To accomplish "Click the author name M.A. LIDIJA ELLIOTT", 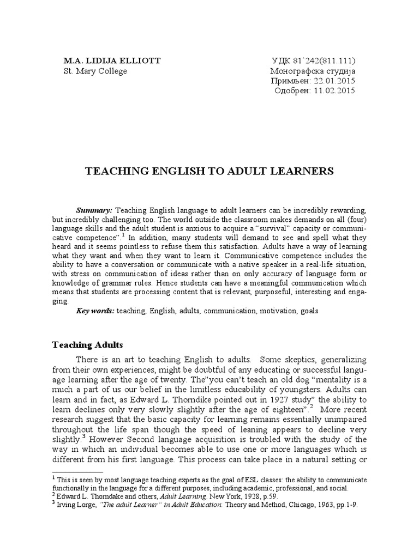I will tap(112, 60).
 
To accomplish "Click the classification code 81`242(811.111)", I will tap(324, 60).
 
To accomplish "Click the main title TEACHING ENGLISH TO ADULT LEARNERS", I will tap(209, 171).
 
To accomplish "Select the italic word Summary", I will tap(94, 210).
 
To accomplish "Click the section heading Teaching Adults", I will tap(87, 345).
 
